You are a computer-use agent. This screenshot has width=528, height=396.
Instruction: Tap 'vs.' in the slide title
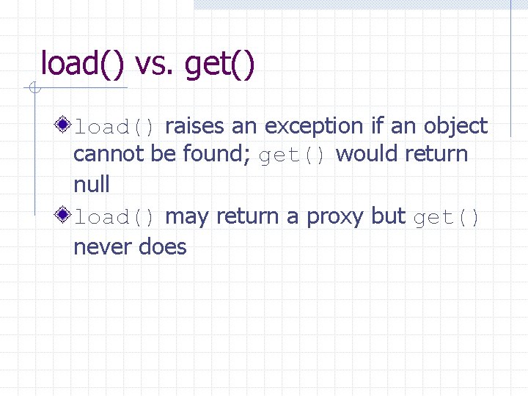(155, 64)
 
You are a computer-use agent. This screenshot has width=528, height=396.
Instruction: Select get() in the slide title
(220, 64)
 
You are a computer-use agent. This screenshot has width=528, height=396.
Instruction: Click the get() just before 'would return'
(293, 155)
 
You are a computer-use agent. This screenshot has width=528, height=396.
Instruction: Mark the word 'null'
(92, 185)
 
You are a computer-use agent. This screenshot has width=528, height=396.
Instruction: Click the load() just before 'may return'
(114, 218)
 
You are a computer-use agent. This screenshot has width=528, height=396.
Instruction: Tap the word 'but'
(389, 216)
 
